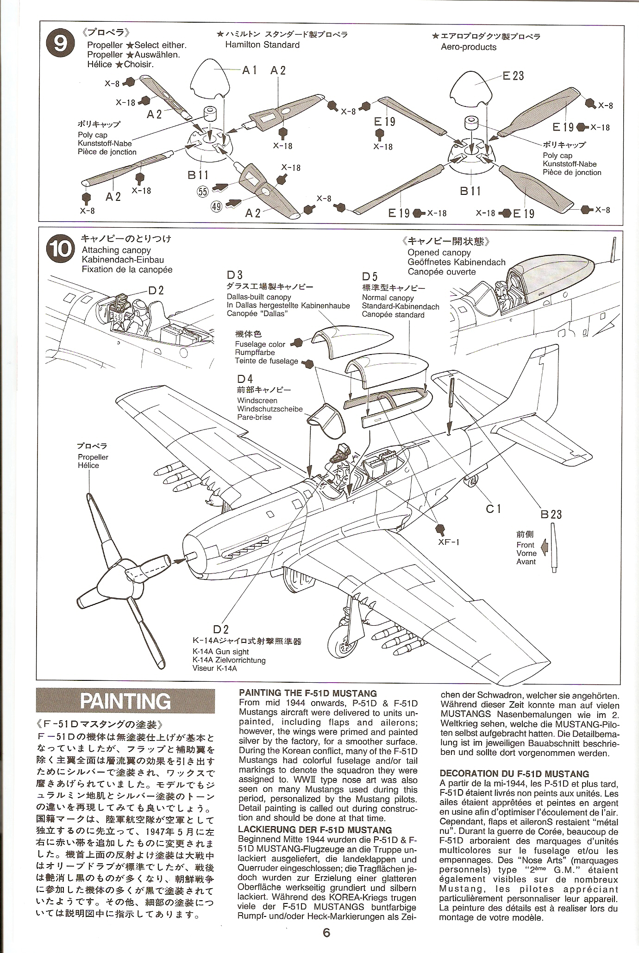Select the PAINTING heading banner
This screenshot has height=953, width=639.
coord(125,701)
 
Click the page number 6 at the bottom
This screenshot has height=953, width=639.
coord(326,933)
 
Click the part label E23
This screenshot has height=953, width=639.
coord(513,75)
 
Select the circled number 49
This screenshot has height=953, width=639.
coord(216,206)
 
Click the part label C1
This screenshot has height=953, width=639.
coord(494,509)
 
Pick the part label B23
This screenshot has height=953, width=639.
coord(551,514)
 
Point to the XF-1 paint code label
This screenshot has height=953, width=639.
coord(448,542)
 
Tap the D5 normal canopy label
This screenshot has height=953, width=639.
coord(370,277)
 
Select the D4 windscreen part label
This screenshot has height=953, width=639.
coord(245,379)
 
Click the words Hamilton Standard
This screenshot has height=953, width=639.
coord(262,45)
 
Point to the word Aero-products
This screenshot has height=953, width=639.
coord(468,47)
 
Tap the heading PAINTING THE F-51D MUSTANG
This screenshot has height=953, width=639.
coord(307,693)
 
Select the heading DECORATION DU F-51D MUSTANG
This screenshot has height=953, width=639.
coord(514,773)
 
